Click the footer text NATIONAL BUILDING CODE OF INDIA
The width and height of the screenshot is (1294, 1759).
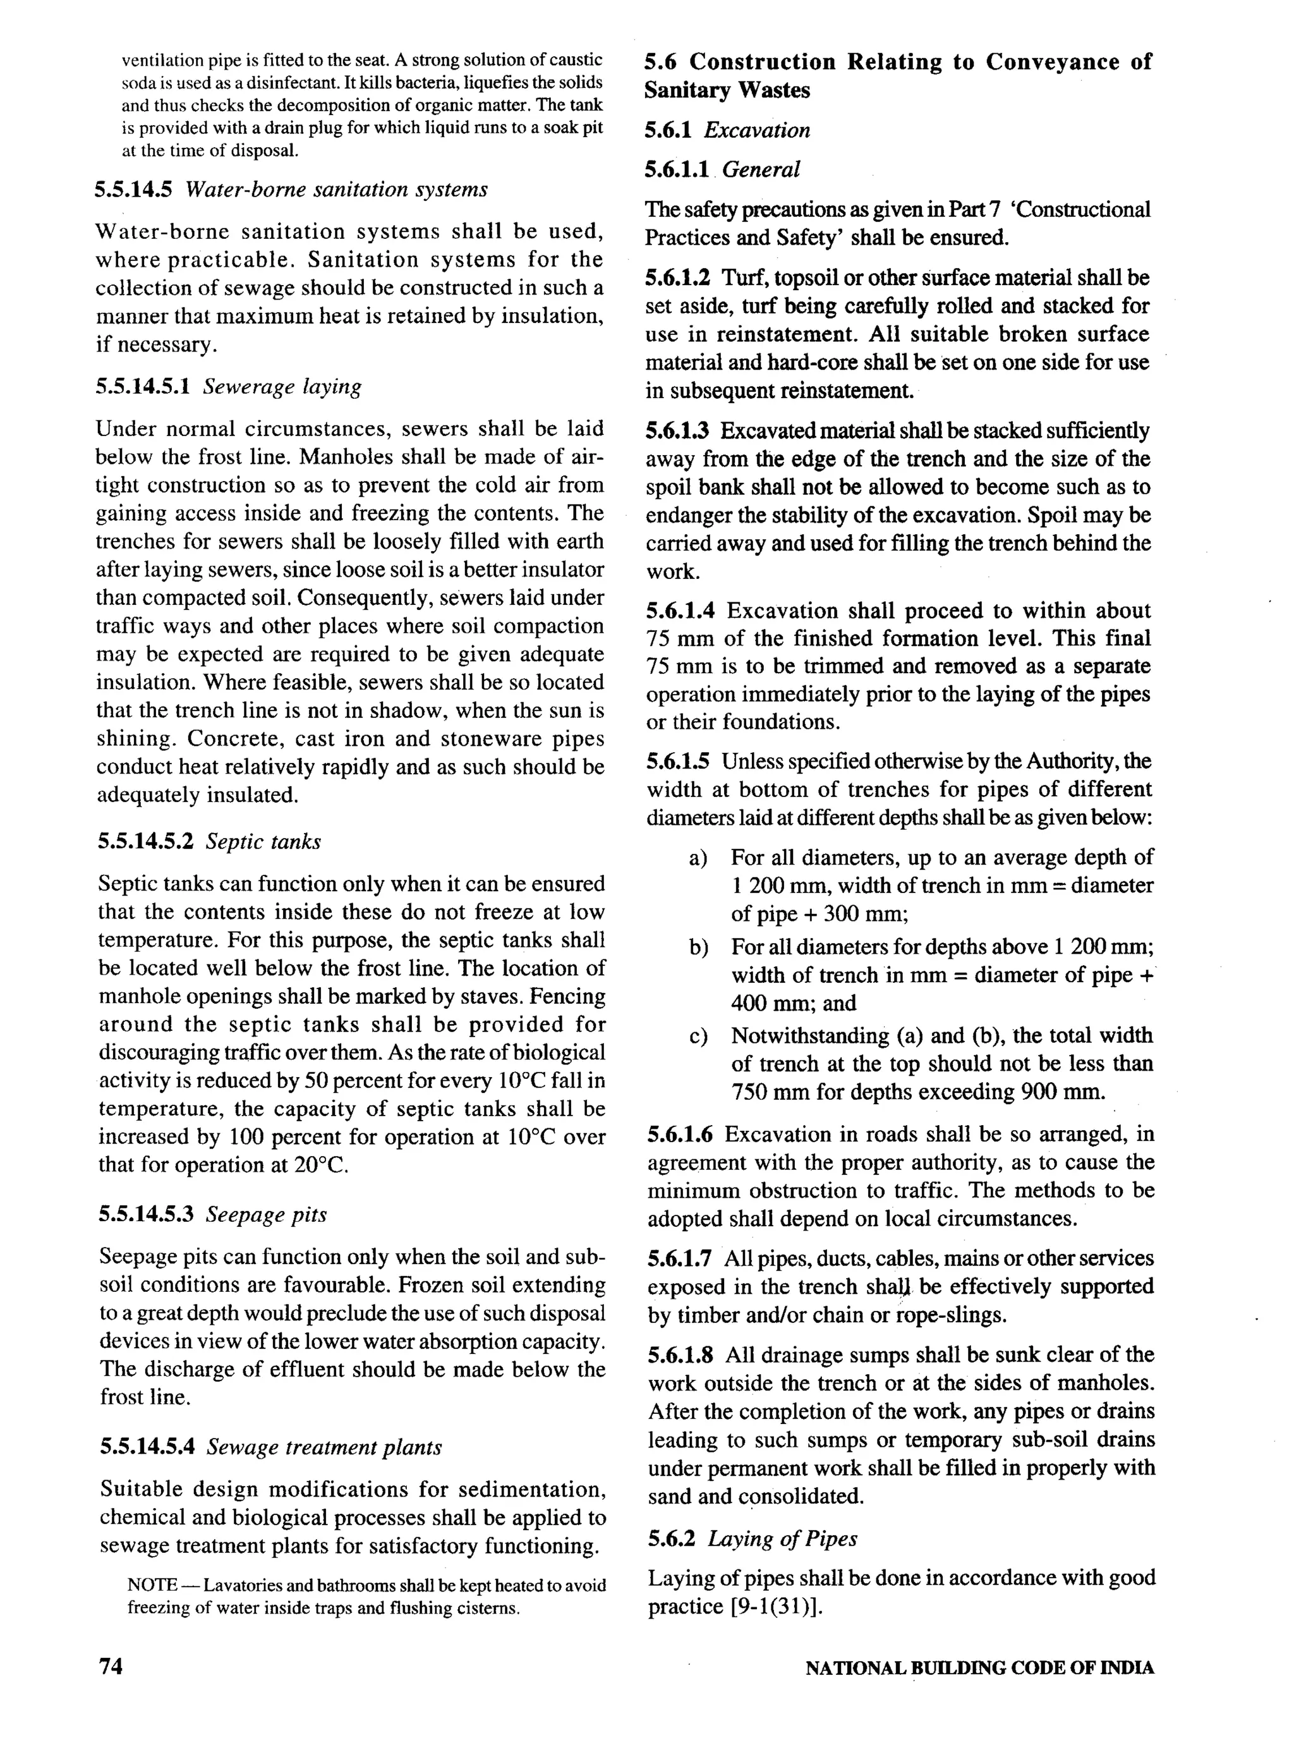pyautogui.click(x=979, y=1667)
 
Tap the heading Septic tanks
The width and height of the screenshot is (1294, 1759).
pyautogui.click(x=263, y=841)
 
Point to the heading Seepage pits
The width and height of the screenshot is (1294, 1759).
pyautogui.click(x=267, y=1214)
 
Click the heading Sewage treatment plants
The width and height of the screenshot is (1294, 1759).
pyautogui.click(x=323, y=1446)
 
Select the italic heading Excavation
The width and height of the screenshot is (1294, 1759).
pyautogui.click(x=757, y=130)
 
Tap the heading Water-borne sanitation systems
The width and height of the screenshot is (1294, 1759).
pyautogui.click(x=336, y=190)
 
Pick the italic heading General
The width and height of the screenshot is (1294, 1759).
pyautogui.click(x=761, y=169)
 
